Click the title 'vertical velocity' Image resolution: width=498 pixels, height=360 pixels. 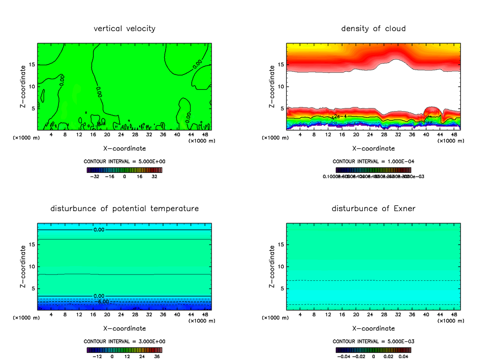124,29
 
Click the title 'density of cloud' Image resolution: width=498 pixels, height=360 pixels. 373,29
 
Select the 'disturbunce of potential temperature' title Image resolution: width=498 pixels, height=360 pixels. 124,209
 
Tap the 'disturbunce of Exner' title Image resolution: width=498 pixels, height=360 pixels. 373,209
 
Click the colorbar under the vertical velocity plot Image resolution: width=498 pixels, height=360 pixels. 124,170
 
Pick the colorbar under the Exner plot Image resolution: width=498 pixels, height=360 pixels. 373,350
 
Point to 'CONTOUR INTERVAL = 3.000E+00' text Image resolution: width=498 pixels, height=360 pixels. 124,341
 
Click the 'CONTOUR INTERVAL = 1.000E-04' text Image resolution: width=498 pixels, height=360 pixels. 373,161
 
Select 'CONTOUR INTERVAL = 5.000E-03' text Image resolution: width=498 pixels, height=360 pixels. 373,341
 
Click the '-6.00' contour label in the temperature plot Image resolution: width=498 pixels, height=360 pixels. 103,302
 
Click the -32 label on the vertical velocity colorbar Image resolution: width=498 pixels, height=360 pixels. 95,176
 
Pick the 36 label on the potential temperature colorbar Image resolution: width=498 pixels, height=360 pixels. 156,356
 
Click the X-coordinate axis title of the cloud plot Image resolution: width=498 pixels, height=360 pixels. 373,148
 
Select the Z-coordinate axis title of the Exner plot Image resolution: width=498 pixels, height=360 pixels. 272,266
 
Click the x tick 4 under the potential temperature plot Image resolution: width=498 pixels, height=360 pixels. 51,315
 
